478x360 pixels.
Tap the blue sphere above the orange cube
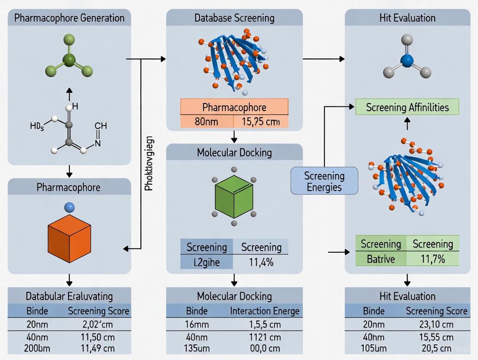coord(69,208)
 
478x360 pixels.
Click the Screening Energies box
coord(324,181)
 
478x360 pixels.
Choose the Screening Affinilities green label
coord(407,107)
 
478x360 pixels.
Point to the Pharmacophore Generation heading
coord(69,18)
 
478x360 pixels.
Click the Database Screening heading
coord(234,18)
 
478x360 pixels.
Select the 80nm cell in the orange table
coord(207,122)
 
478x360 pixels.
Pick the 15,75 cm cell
coord(261,122)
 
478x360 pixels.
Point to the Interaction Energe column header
coord(264,311)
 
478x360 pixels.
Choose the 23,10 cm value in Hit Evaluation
coord(436,324)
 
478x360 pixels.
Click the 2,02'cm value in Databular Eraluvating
coord(97,324)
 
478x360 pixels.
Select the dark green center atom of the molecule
coord(69,60)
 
